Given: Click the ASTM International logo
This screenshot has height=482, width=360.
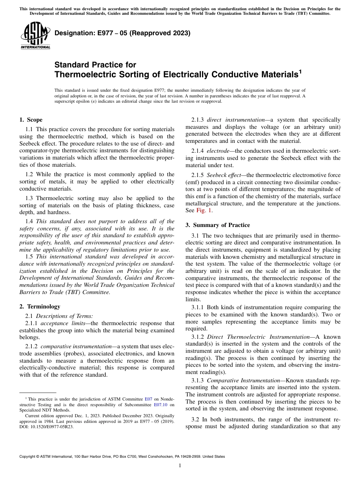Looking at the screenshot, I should (x=35, y=36).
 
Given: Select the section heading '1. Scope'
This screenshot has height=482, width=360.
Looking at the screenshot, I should (x=31, y=120).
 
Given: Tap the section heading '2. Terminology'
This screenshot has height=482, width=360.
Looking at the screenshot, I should (x=39, y=307).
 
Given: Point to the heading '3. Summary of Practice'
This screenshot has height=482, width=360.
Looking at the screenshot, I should (x=218, y=225).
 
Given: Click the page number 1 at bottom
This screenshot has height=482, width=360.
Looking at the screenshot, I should (x=180, y=466).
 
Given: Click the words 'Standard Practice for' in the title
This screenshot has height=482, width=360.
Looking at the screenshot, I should (x=95, y=65).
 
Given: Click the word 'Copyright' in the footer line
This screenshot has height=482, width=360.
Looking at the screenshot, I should (x=28, y=457).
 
